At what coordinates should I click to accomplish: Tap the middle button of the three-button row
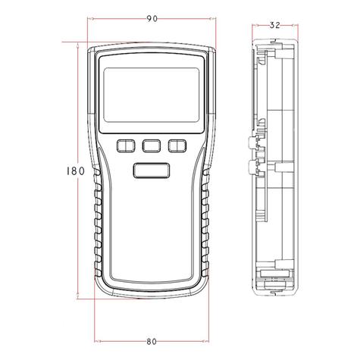tap(150, 146)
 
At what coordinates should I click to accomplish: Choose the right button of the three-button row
tap(177, 146)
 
